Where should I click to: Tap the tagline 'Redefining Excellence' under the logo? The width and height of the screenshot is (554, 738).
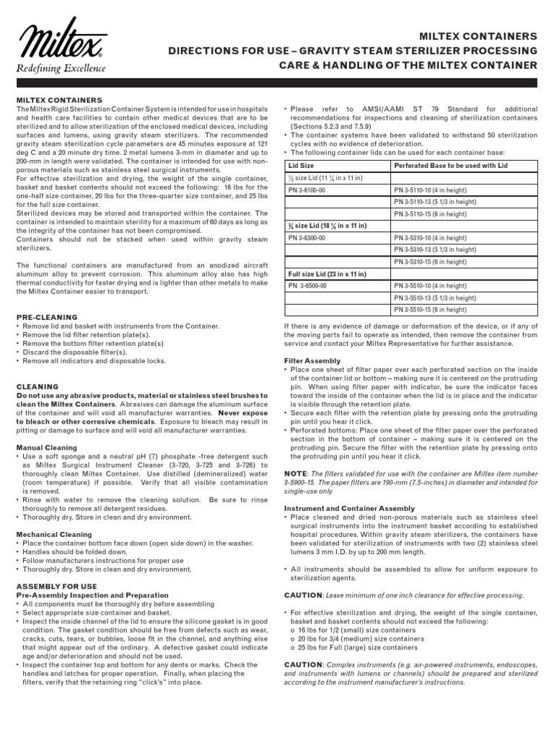(61, 68)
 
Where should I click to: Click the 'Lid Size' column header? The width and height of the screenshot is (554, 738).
(302, 165)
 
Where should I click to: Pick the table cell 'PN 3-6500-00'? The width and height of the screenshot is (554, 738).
(309, 286)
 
